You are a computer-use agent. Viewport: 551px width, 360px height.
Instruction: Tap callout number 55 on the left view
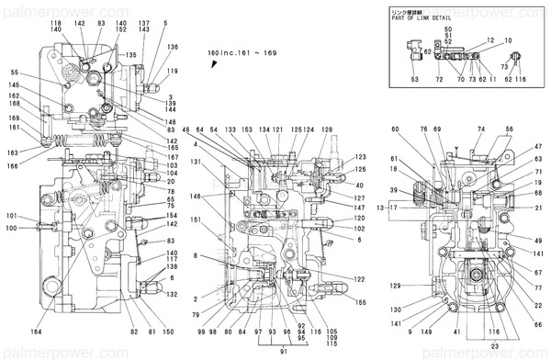click(15, 73)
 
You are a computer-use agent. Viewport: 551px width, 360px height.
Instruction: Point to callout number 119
click(172, 71)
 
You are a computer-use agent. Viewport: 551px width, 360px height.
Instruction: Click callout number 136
click(172, 47)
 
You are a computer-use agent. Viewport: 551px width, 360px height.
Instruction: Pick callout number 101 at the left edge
click(10, 217)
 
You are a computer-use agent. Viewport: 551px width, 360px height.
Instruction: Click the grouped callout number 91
click(285, 350)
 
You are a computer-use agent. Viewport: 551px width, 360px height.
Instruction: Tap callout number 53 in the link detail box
click(414, 81)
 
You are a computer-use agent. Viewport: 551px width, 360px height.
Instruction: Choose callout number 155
click(361, 302)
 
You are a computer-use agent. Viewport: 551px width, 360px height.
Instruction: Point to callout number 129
click(395, 287)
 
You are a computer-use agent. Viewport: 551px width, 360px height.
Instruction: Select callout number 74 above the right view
click(480, 129)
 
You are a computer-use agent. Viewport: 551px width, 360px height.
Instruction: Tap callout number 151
click(196, 219)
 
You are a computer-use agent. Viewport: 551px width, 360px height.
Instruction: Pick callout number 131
click(196, 162)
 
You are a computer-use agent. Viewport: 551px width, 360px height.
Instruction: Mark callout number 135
click(131, 56)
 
